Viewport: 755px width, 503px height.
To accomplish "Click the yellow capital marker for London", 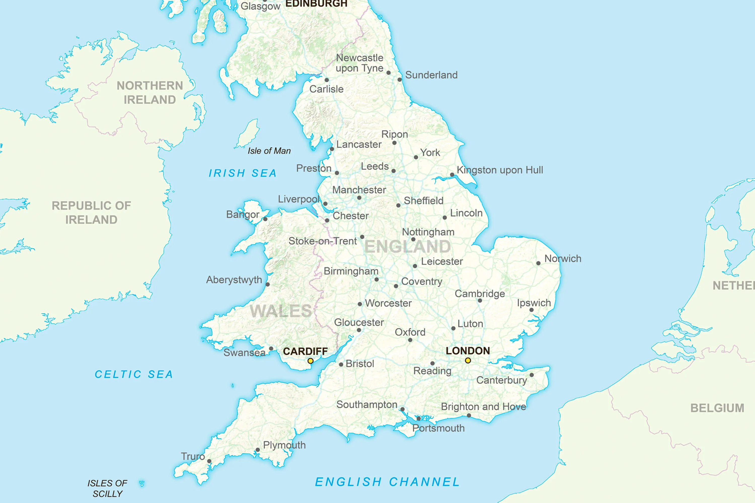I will coord(468,361).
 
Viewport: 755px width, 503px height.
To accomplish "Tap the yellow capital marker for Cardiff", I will coord(310,361).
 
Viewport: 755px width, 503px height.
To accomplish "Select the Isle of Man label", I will coord(269,151).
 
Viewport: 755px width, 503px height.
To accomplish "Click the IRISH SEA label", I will coord(242,173).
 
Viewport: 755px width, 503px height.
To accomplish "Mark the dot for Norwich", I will coord(538,263).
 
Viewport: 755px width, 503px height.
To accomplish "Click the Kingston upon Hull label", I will coord(500,170).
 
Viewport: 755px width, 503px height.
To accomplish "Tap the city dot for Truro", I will coord(209,461).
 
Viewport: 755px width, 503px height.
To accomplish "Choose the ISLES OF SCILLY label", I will coord(107,488).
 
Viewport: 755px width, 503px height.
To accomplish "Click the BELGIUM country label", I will coord(717,408).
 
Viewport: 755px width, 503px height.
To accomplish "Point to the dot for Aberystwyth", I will coord(268,284).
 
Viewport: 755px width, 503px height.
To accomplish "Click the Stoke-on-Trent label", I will coord(322,241).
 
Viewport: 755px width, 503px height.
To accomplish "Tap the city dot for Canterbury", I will coord(532,375).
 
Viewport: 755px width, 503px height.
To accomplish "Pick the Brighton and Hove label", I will coord(483,407).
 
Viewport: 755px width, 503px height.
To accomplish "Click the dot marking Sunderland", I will coord(400,79).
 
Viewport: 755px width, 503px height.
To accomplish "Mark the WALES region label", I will coord(281,311).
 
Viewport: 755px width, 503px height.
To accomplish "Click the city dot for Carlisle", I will coord(327,80).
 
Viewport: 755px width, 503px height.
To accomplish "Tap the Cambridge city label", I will coord(480,294).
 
